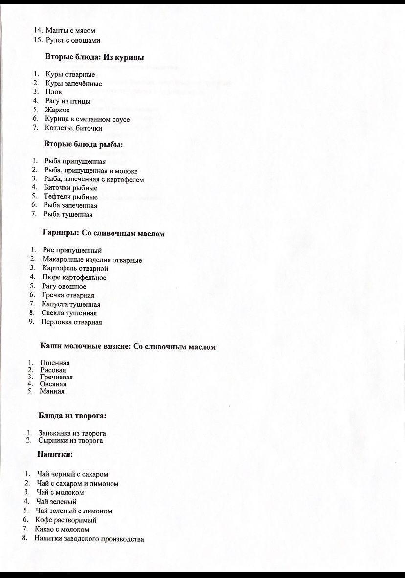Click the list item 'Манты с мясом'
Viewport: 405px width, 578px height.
(70, 31)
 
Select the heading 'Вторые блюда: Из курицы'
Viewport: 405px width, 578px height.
(94, 57)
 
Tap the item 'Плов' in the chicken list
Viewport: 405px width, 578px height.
(53, 92)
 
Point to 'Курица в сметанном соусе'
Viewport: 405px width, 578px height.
(87, 119)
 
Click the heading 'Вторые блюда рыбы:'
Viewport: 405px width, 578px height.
(83, 144)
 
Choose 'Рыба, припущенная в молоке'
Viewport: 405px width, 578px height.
(90, 171)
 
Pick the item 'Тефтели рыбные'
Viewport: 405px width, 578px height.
(70, 197)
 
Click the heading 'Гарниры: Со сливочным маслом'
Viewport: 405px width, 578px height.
(104, 234)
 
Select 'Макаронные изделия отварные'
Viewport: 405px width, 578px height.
(92, 260)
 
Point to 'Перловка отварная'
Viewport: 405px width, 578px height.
(71, 322)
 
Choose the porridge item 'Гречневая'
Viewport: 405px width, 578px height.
(56, 377)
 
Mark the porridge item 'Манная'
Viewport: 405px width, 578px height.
(52, 391)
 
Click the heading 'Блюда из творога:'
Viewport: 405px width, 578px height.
(72, 416)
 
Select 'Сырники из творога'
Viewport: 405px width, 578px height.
(70, 441)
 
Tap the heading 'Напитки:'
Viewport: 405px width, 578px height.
(55, 455)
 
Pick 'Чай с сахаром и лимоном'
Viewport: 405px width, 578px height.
(77, 484)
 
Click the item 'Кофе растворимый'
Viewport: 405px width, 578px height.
(66, 520)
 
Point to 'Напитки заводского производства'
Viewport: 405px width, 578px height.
(89, 539)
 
